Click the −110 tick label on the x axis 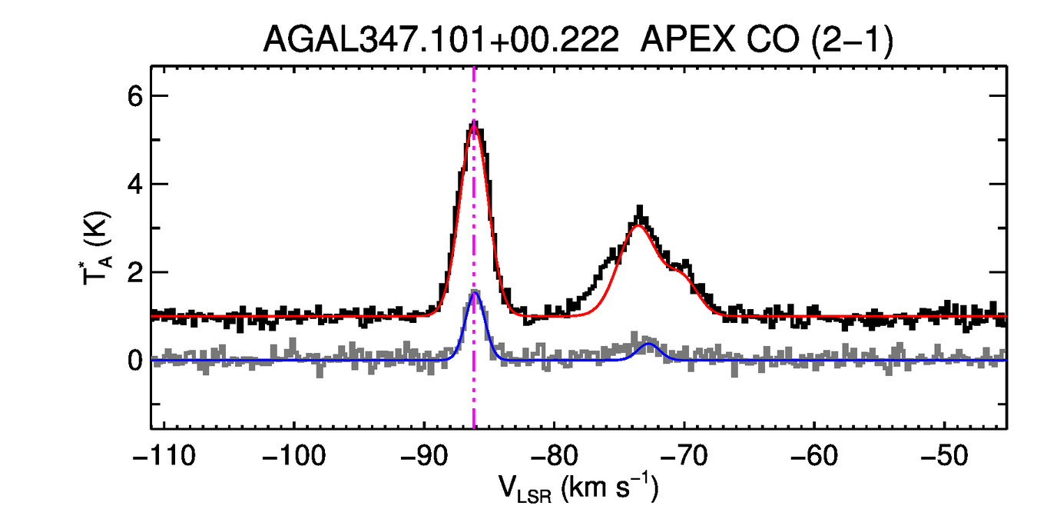click(x=164, y=457)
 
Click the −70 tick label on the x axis click(x=684, y=457)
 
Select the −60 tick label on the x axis click(x=813, y=457)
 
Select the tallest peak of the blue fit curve click(x=475, y=292)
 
